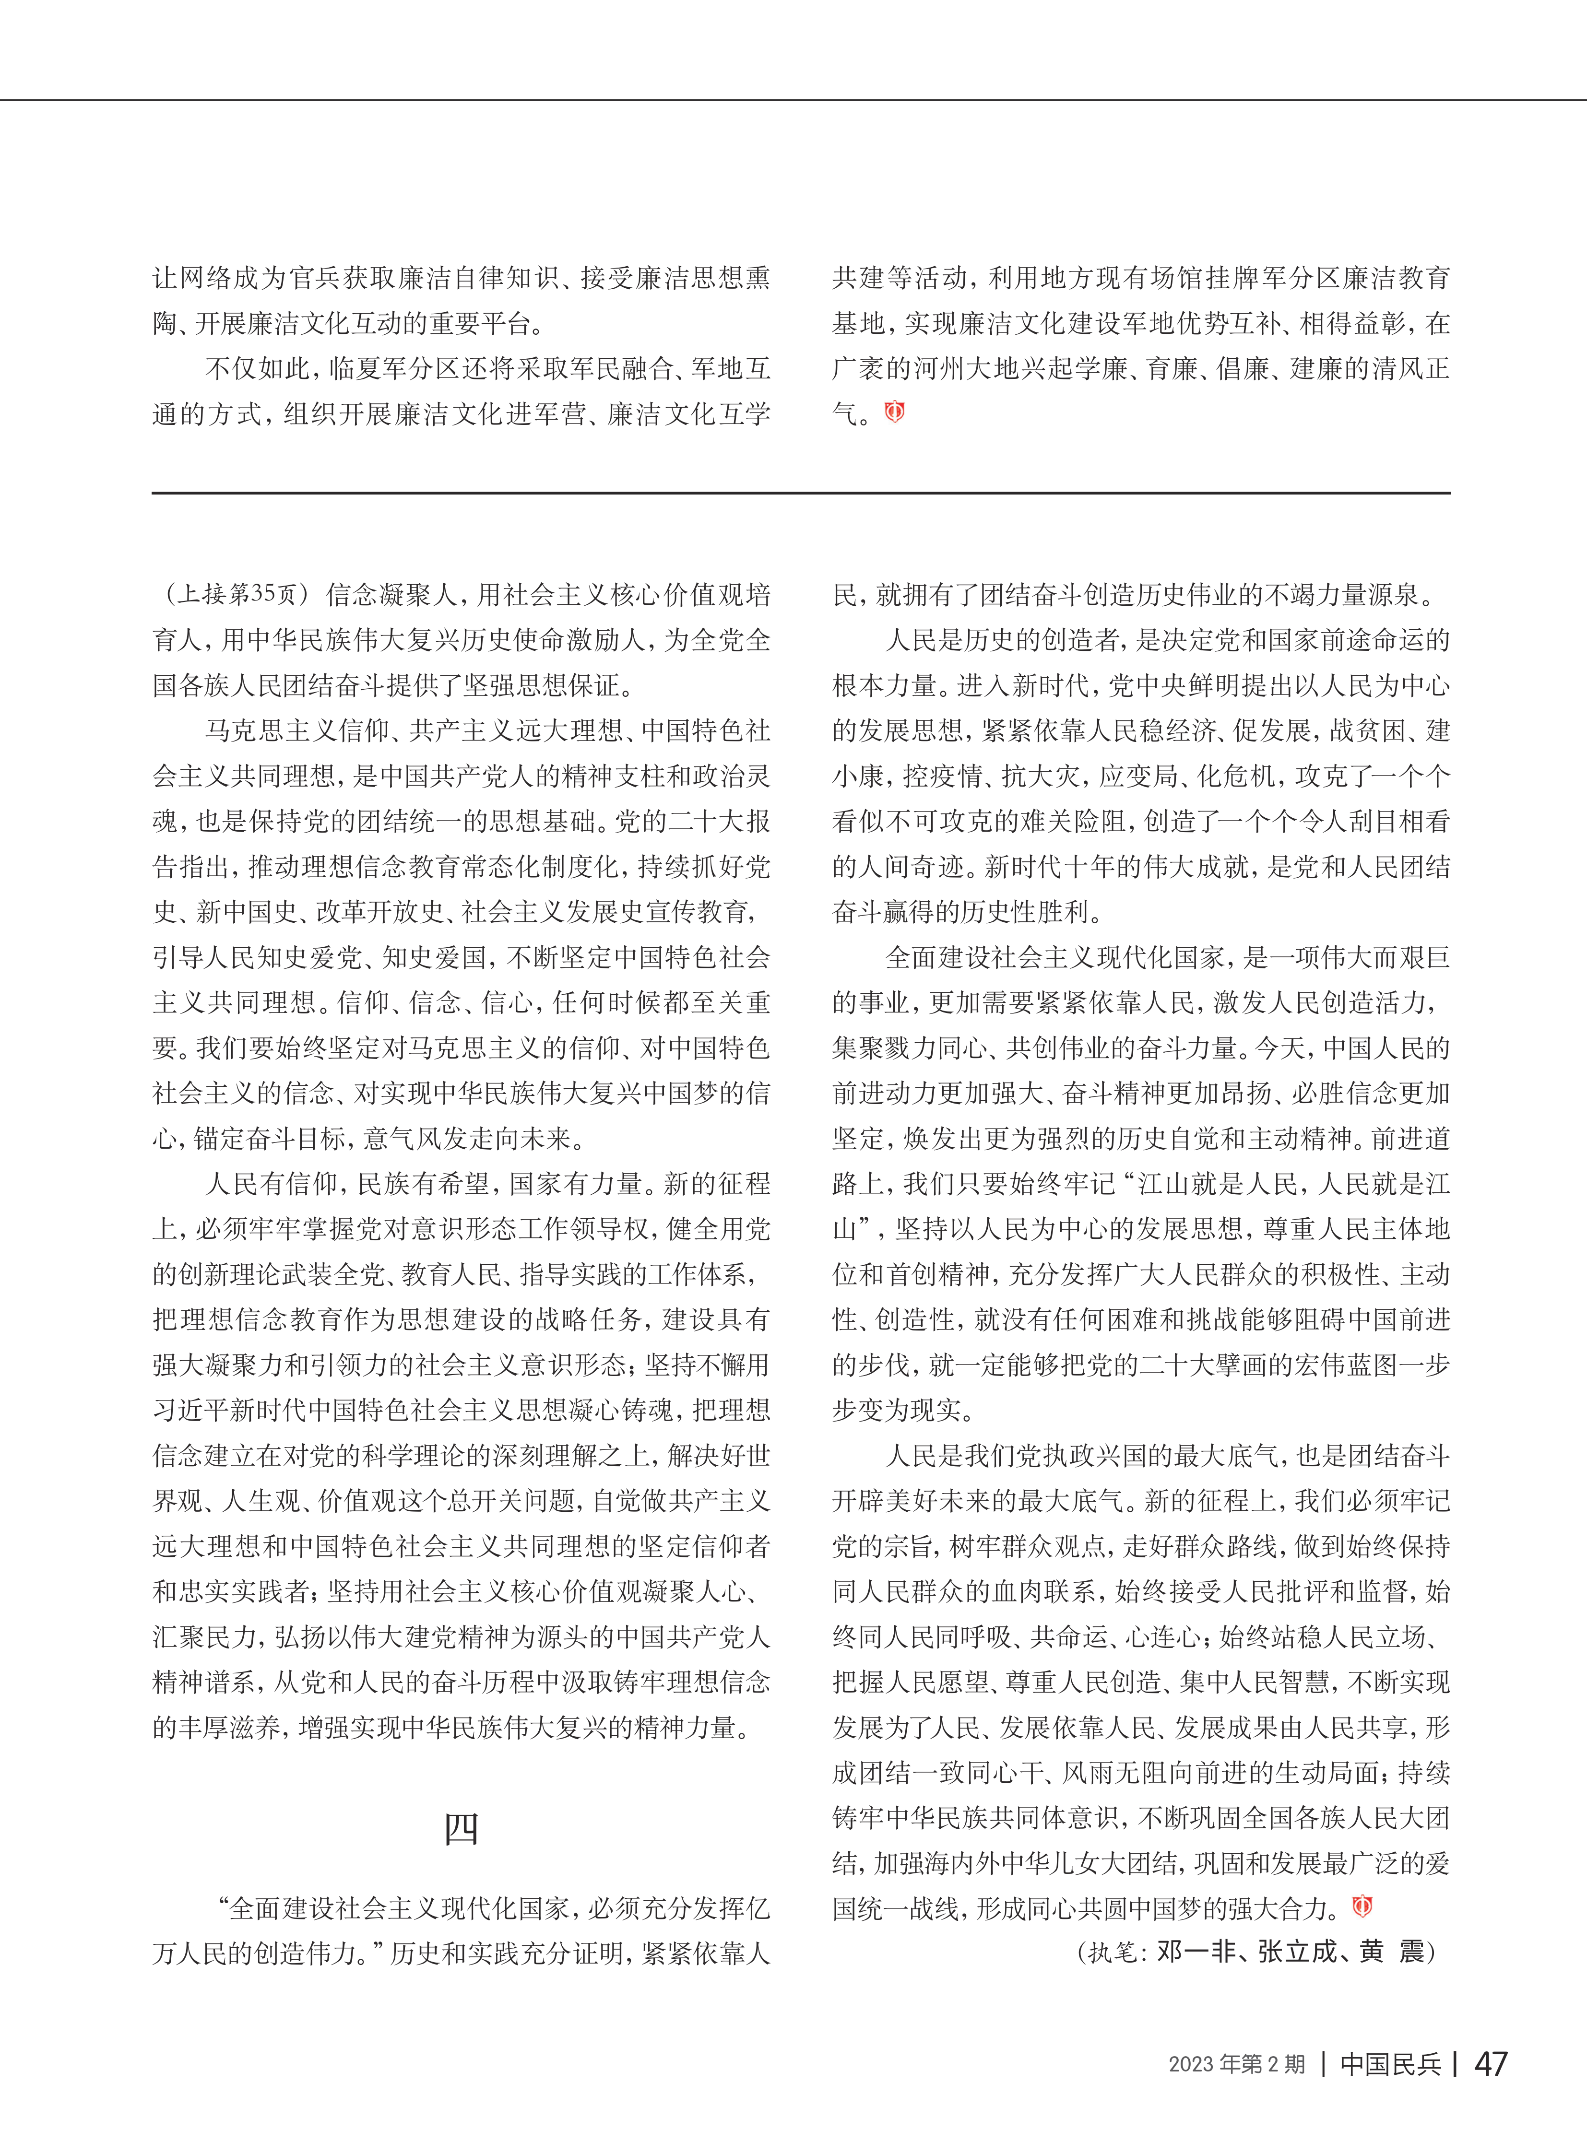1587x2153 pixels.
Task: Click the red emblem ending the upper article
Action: [x=894, y=412]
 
